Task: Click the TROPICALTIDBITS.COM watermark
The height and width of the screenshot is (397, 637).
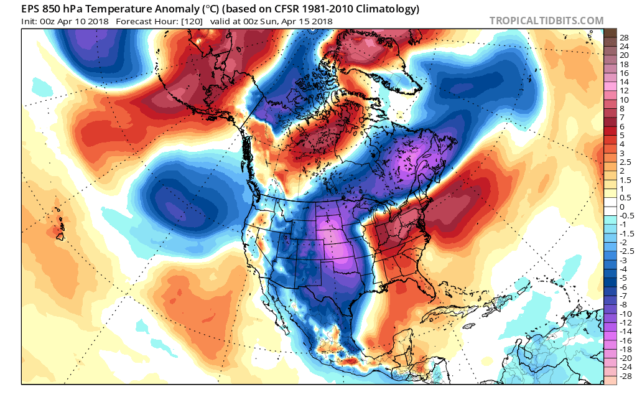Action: (546, 21)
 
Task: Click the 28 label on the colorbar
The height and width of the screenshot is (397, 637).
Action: (623, 38)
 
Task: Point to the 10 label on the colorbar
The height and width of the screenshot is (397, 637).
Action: (623, 100)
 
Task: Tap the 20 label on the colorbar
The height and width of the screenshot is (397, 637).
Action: (623, 55)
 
